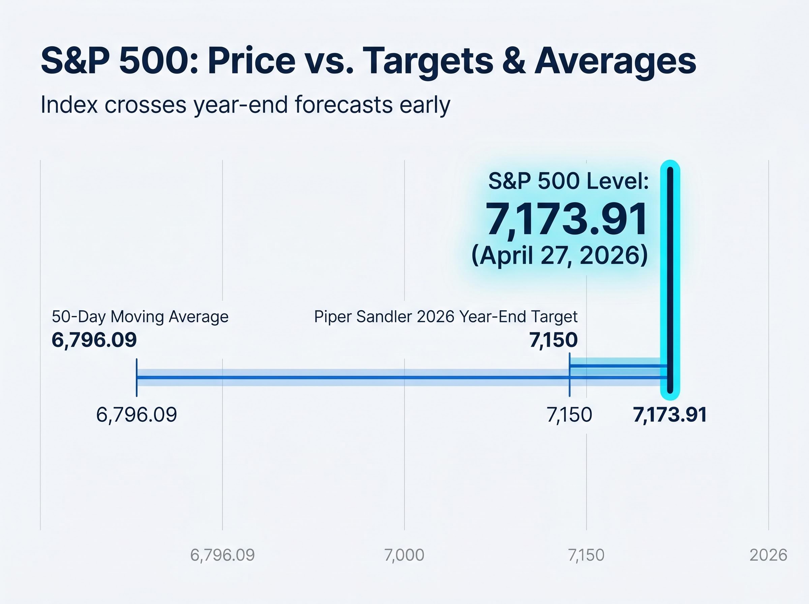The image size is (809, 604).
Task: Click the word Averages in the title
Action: pyautogui.click(x=615, y=61)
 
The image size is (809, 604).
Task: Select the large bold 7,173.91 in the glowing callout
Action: pyautogui.click(x=566, y=219)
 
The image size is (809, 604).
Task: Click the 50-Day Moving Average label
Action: pyautogui.click(x=140, y=316)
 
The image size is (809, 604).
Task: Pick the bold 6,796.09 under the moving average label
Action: pyautogui.click(x=94, y=340)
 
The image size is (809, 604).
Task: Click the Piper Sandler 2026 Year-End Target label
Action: pyautogui.click(x=446, y=316)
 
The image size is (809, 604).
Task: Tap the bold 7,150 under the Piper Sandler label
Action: pyautogui.click(x=553, y=340)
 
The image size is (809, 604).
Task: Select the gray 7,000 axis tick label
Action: pyautogui.click(x=404, y=555)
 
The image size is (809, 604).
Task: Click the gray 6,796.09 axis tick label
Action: pyautogui.click(x=222, y=555)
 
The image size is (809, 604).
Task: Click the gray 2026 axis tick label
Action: pyautogui.click(x=768, y=555)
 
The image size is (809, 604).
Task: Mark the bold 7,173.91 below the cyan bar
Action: pyautogui.click(x=670, y=415)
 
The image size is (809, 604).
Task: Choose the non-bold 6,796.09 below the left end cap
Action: pyautogui.click(x=137, y=415)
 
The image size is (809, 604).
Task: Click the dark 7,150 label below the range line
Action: pyautogui.click(x=569, y=415)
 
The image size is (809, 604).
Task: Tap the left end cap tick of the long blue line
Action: pyautogui.click(x=137, y=377)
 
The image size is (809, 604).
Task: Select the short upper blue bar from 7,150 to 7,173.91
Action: pyautogui.click(x=618, y=366)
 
